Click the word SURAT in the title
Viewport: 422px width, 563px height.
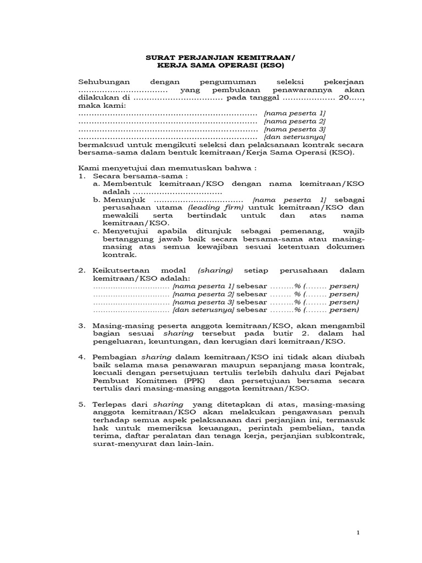(x=158, y=56)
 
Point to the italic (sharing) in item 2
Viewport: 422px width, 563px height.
(x=215, y=271)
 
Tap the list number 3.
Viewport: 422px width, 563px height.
(x=81, y=325)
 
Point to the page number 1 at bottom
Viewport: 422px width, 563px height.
(x=358, y=533)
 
